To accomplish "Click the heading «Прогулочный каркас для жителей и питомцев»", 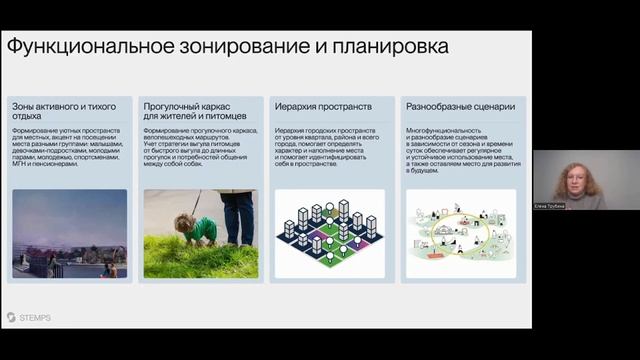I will (x=196, y=110).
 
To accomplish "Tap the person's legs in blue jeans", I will (x=238, y=216).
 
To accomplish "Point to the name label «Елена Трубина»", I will (x=551, y=205).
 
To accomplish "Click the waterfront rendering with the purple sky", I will (x=70, y=233).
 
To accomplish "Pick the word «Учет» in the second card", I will (x=152, y=147).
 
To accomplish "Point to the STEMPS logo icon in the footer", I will (x=11, y=317).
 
